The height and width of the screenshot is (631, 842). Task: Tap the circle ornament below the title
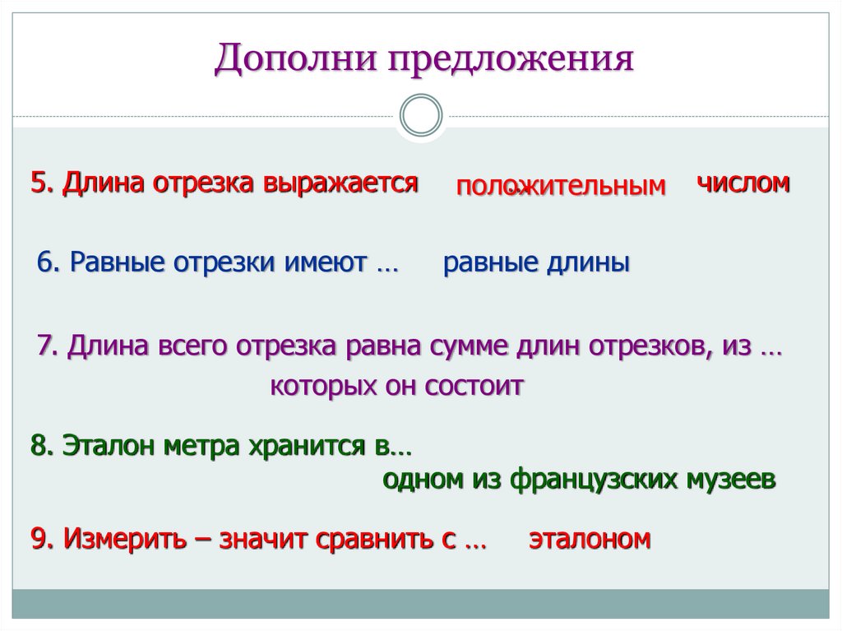click(420, 115)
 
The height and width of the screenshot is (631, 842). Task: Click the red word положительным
click(561, 187)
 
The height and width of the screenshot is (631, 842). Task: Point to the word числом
click(743, 182)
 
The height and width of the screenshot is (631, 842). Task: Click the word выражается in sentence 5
click(341, 183)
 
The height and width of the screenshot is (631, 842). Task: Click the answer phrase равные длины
click(536, 262)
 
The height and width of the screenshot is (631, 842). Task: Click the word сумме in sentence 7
click(465, 346)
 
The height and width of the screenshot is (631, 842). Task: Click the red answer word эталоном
click(590, 540)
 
